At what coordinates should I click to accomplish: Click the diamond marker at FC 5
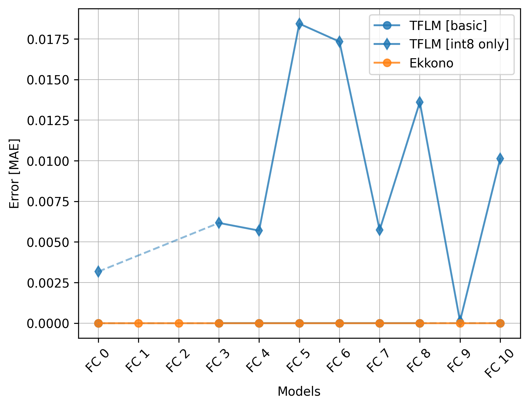[x=299, y=24]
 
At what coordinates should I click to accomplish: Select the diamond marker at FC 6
[x=339, y=42]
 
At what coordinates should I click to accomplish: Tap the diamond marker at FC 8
[x=420, y=102]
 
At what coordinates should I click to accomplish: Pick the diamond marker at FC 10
[x=500, y=159]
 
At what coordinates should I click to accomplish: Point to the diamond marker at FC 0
[x=98, y=272]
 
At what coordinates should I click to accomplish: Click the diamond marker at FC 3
[x=219, y=223]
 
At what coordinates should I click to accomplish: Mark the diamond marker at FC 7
[x=380, y=230]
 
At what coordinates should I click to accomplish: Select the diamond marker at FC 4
[x=259, y=230]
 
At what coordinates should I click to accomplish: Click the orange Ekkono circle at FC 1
[x=138, y=323]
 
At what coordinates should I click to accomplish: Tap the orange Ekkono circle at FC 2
[x=179, y=323]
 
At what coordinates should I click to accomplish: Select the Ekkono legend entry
[x=431, y=63]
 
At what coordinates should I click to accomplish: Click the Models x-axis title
[x=299, y=392]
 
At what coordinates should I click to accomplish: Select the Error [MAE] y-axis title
[x=14, y=173]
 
